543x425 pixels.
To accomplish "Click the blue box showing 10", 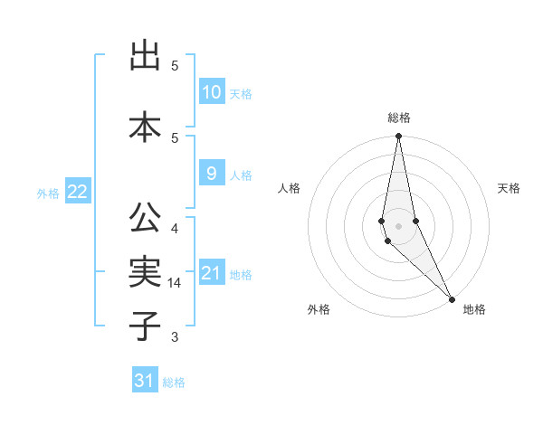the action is pyautogui.click(x=211, y=91).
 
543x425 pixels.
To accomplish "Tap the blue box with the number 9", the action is pyautogui.click(x=211, y=174).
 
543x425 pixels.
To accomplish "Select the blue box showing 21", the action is pyautogui.click(x=211, y=272).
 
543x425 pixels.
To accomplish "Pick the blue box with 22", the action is pyautogui.click(x=78, y=191).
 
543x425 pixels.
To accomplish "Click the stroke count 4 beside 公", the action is pyautogui.click(x=175, y=228).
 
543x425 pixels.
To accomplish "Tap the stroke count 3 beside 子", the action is pyautogui.click(x=175, y=337).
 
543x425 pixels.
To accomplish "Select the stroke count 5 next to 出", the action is pyautogui.click(x=175, y=66).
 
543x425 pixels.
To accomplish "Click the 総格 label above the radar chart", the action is pyautogui.click(x=399, y=118).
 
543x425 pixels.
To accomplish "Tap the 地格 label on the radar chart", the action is pyautogui.click(x=474, y=309).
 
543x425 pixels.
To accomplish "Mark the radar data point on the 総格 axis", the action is pyautogui.click(x=398, y=137).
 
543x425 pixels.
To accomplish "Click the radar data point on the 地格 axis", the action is pyautogui.click(x=452, y=297).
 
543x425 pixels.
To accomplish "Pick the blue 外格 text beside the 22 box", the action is pyautogui.click(x=48, y=193).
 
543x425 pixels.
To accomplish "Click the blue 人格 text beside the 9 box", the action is pyautogui.click(x=241, y=175).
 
